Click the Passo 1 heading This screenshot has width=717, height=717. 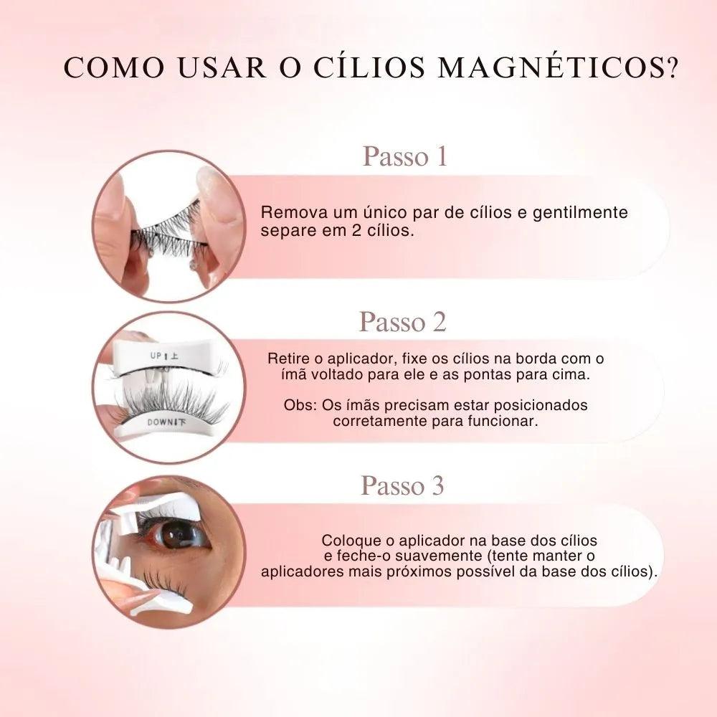[404, 156]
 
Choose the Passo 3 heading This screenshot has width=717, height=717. [402, 485]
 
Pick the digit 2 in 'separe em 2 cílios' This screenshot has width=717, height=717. [356, 230]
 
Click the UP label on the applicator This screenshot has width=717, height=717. [156, 356]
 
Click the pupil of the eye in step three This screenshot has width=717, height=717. [177, 533]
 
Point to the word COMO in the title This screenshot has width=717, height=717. [114, 67]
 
